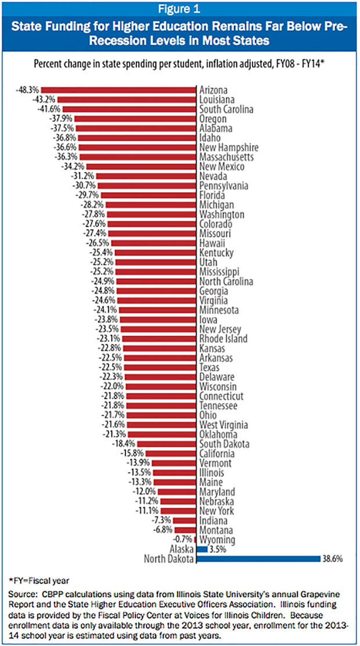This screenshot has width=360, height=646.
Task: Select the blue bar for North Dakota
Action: (258, 558)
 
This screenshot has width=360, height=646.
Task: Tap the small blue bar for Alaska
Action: (202, 548)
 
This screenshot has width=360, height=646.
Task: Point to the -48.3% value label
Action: (28, 91)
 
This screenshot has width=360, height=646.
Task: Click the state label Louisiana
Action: (218, 100)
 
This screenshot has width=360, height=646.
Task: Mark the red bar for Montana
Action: (185, 530)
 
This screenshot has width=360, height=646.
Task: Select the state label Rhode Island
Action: (223, 339)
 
